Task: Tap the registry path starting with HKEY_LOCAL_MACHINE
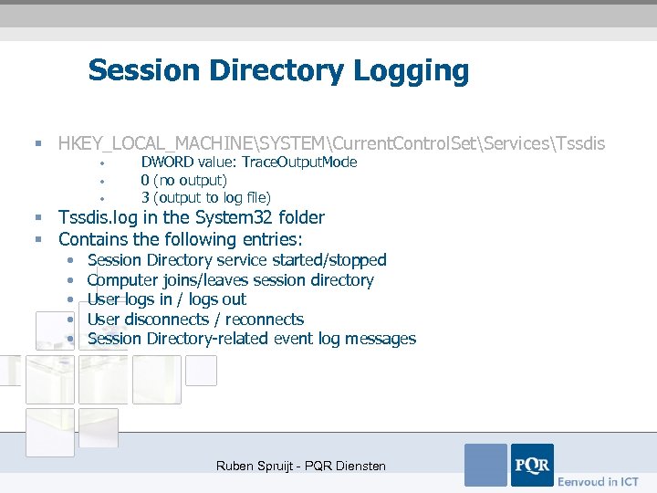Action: [x=331, y=143]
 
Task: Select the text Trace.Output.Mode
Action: [x=300, y=162]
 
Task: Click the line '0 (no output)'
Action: [x=183, y=180]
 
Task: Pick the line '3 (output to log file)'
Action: [x=205, y=197]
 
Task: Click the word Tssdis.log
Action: [x=101, y=217]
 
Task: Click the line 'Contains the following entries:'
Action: [x=180, y=239]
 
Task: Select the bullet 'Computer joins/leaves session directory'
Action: [x=230, y=280]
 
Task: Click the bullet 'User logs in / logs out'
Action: [x=166, y=299]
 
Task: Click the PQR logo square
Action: [x=532, y=465]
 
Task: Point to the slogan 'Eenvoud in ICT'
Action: [x=598, y=481]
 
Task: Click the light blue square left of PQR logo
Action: [x=485, y=465]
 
